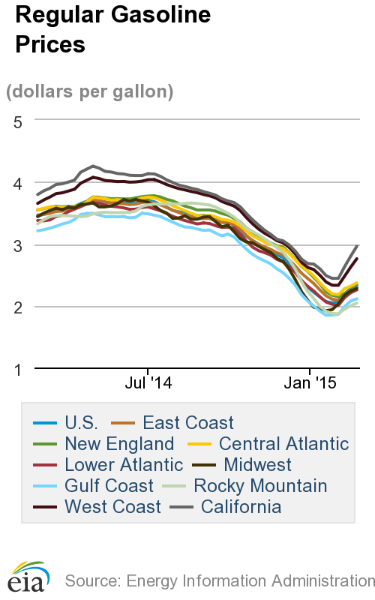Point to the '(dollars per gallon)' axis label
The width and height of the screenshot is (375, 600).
(90, 91)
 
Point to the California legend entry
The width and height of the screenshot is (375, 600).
(241, 507)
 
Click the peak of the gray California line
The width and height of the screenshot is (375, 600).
(93, 166)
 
